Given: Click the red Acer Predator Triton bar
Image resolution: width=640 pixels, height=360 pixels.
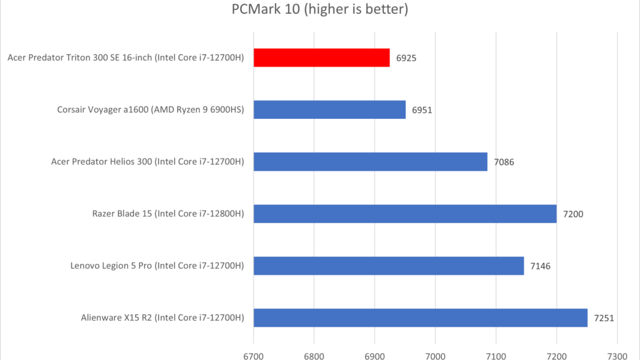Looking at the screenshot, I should click(321, 58).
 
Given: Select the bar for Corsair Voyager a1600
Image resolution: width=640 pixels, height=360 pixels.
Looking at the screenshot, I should click(329, 110).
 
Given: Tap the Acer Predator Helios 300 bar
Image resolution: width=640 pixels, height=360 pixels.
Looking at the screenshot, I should click(370, 162).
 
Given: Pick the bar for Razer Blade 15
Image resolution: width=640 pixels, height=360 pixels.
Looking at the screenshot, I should click(405, 214).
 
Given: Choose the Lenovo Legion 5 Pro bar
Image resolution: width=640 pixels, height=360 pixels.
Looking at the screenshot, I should click(388, 266).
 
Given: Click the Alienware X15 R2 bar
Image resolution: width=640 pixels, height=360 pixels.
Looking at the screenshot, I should click(420, 318).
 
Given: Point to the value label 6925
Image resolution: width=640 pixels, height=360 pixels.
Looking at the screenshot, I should click(406, 58).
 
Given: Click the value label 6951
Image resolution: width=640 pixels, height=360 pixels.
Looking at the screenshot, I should click(422, 110).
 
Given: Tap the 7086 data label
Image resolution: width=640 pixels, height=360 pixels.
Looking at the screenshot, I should click(504, 162).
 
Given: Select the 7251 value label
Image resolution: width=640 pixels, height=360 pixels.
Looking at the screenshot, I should click(604, 318).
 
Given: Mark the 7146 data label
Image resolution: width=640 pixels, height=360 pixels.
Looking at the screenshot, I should click(540, 266).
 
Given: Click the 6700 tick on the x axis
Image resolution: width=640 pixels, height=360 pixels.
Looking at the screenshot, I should click(253, 356).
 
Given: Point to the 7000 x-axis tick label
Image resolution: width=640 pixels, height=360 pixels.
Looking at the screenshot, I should click(435, 356).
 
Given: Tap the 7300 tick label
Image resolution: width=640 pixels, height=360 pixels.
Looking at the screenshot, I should click(617, 356).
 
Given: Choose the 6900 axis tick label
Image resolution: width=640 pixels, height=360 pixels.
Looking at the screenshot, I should click(375, 356).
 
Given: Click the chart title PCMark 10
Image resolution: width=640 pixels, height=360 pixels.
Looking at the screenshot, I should click(320, 9).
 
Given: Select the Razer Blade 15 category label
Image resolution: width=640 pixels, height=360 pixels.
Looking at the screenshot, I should click(168, 214).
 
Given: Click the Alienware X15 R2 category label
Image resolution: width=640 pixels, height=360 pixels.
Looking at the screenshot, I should click(162, 318).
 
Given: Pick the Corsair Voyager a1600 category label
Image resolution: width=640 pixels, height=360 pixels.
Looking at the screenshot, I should click(150, 110).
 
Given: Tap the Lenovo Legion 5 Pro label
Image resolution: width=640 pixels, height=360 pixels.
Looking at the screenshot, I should click(157, 266).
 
